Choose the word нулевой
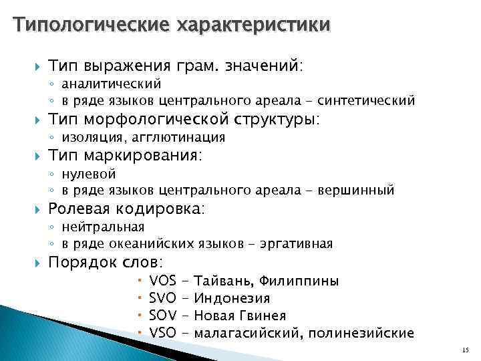click(88, 174)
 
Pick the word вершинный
click(355, 191)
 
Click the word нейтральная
click(102, 227)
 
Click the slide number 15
click(465, 350)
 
